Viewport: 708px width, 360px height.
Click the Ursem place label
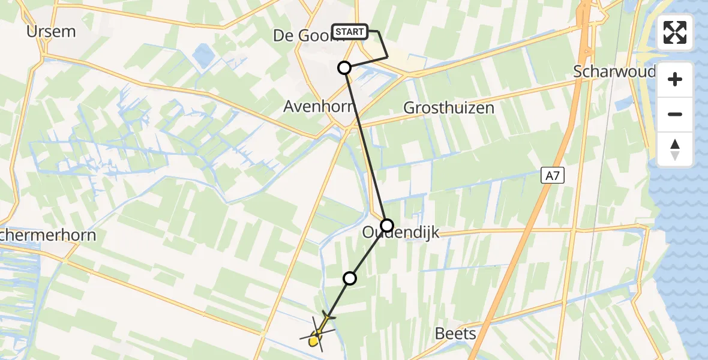51,31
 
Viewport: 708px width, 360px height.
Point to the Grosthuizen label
449,108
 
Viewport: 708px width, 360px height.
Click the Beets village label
456,334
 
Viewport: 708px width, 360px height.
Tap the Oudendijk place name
401,233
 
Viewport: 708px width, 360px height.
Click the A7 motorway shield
553,175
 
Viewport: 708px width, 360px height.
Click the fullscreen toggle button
675,32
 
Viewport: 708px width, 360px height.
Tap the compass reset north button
675,149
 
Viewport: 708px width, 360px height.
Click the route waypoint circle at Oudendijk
387,226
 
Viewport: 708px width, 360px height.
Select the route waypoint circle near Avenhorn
344,68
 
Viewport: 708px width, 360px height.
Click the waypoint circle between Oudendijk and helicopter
349,278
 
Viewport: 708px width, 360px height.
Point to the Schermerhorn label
48,235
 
